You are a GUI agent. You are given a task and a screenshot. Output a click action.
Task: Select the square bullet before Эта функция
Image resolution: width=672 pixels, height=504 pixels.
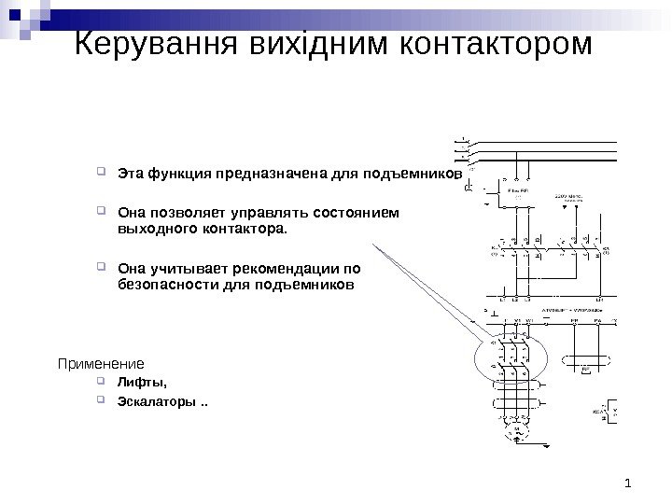[102, 173]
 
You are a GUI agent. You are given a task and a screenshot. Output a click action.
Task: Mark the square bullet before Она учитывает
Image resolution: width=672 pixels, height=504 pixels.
[102, 264]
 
